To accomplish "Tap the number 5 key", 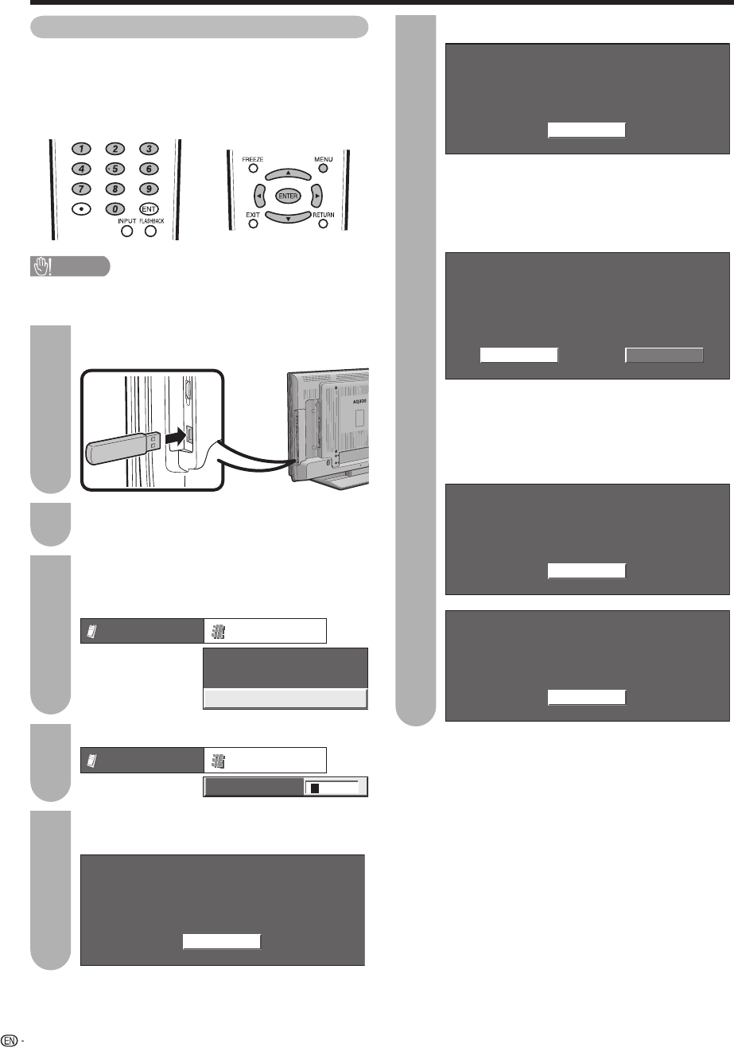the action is [x=116, y=169].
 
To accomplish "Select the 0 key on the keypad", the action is [x=116, y=208].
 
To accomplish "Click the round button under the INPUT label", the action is [x=127, y=233].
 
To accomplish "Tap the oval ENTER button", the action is [x=288, y=195].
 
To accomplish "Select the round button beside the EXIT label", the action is [x=253, y=224].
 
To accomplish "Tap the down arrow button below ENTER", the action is [x=288, y=216].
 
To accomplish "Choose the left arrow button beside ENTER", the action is [x=261, y=195].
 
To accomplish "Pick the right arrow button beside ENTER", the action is [x=315, y=195].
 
